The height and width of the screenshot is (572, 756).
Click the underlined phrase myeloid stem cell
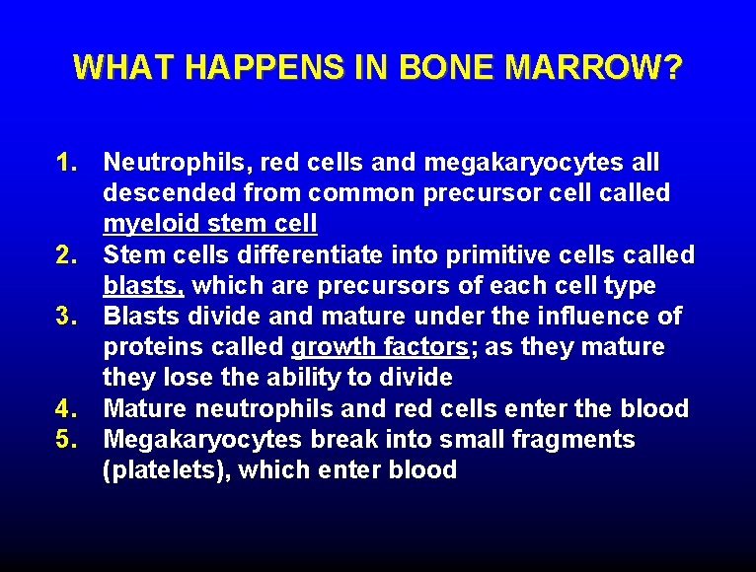[210, 224]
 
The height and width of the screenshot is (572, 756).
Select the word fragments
[567, 439]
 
